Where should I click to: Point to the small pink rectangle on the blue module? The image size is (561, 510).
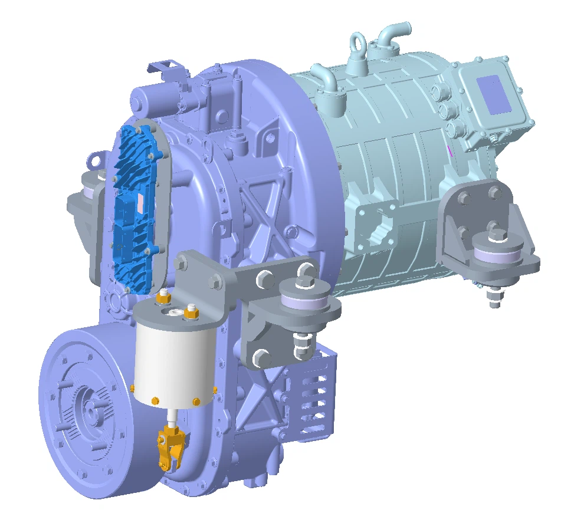click(140, 202)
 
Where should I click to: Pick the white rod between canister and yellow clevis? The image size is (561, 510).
click(171, 418)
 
